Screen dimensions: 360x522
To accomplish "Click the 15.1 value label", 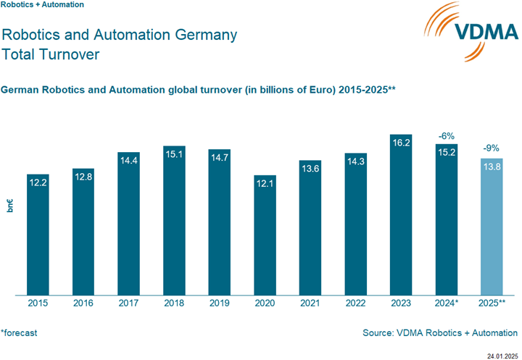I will tap(174, 154).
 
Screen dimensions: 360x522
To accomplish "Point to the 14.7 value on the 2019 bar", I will tap(219, 157).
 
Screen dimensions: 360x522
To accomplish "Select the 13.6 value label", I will tap(310, 168).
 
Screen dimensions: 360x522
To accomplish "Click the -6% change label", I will tap(446, 135).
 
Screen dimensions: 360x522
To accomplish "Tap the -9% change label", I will tap(492, 149).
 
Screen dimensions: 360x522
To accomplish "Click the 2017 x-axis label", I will tap(128, 304).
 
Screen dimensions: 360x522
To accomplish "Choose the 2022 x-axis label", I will tap(355, 304).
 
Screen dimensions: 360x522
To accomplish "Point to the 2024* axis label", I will tap(447, 304).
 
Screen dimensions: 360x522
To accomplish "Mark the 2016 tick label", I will tap(83, 304).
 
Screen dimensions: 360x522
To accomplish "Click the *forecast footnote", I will tap(19, 333).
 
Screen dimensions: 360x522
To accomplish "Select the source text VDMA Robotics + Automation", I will tap(441, 333).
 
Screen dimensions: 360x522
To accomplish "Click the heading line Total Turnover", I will tap(51, 54).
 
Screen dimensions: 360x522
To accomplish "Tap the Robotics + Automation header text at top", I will tap(43, 5).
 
